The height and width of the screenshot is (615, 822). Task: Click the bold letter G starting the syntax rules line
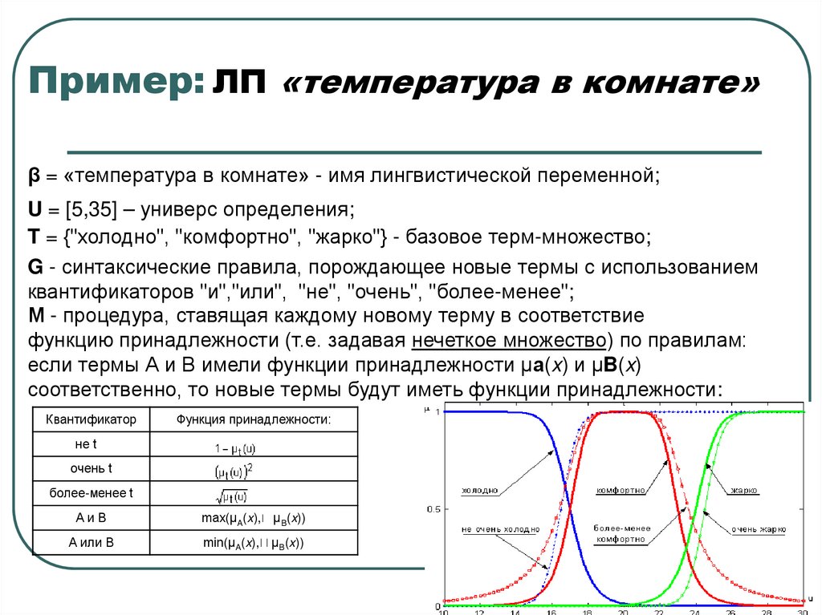point(34,267)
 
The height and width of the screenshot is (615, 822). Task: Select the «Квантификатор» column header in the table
point(91,419)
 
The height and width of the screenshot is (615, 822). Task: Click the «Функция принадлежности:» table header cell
point(253,419)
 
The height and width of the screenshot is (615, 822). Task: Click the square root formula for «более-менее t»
point(231,496)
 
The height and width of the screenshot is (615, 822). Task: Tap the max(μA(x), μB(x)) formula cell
point(253,519)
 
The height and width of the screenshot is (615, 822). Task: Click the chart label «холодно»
point(480,490)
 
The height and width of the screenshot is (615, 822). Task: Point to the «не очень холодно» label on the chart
point(494,530)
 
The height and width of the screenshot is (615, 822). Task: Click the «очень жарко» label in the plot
point(757,530)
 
